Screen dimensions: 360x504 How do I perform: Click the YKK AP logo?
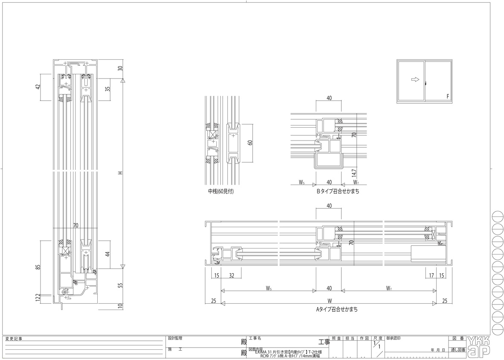478,346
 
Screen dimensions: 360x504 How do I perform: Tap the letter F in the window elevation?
448,97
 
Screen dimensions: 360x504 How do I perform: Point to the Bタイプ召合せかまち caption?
338,192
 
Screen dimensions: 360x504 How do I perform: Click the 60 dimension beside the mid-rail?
251,142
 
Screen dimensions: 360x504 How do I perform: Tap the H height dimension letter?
121,173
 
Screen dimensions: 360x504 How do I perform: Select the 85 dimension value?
38,267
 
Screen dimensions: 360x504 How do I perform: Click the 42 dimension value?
38,87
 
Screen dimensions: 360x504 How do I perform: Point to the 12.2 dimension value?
38,297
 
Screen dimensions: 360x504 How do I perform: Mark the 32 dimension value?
232,276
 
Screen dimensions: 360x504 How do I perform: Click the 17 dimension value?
432,276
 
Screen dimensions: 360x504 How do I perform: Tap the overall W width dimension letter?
329,300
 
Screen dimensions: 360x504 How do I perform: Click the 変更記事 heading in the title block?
14,339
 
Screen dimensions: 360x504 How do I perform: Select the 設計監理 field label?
175,338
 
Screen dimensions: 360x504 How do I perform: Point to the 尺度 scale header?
377,338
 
